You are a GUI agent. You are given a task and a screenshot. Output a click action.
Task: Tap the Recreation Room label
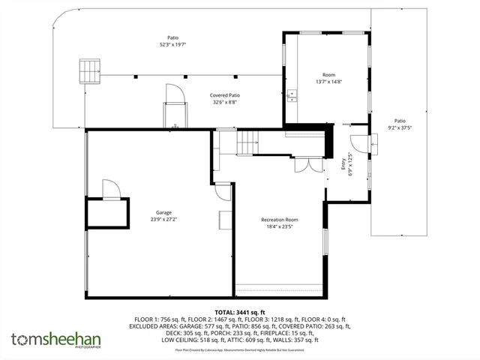click(280, 219)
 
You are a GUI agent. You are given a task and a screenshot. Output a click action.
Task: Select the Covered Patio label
click(225, 95)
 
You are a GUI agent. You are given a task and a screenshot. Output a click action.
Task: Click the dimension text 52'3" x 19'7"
click(172, 44)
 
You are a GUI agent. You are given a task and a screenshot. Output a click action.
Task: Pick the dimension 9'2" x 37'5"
click(400, 127)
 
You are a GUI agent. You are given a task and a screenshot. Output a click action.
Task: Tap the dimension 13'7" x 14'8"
click(328, 82)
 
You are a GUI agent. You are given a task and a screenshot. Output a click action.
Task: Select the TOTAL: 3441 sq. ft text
click(240, 311)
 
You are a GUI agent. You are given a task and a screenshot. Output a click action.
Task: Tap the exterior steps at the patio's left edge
click(89, 70)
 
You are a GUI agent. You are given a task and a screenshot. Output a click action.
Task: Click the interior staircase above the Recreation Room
click(247, 139)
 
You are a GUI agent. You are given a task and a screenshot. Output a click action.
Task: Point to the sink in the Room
click(292, 94)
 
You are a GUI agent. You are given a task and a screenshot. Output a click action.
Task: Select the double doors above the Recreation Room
click(303, 165)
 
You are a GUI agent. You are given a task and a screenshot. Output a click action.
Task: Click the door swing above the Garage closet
click(109, 187)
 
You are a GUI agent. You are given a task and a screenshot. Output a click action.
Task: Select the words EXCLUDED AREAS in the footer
click(158, 325)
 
